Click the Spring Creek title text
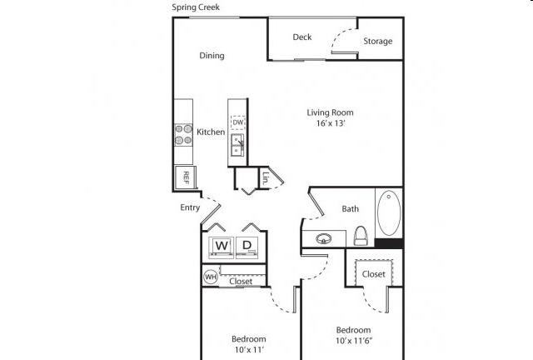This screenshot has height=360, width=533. point(196,7)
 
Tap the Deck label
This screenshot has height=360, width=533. point(302,37)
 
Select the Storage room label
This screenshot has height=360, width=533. point(377,41)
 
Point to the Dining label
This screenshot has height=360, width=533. point(212,56)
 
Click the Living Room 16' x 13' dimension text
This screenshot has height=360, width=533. point(331,123)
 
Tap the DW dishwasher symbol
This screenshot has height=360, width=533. point(238,122)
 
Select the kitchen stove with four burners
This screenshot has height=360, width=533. point(183,135)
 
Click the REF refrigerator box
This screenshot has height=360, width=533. point(185,177)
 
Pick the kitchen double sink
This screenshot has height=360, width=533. point(237,145)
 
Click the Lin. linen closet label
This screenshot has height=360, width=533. point(266,177)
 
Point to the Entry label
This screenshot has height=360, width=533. point(190,207)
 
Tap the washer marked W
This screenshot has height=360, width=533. point(222,247)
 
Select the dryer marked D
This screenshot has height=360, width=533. point(247,247)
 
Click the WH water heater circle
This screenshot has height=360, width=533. point(211,277)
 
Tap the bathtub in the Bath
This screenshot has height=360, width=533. point(389,213)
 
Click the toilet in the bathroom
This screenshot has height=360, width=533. point(361,236)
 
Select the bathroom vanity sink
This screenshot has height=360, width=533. point(324,239)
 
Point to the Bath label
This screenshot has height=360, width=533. point(350,208)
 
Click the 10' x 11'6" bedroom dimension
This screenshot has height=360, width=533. point(354,341)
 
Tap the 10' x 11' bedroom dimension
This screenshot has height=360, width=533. point(249,349)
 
